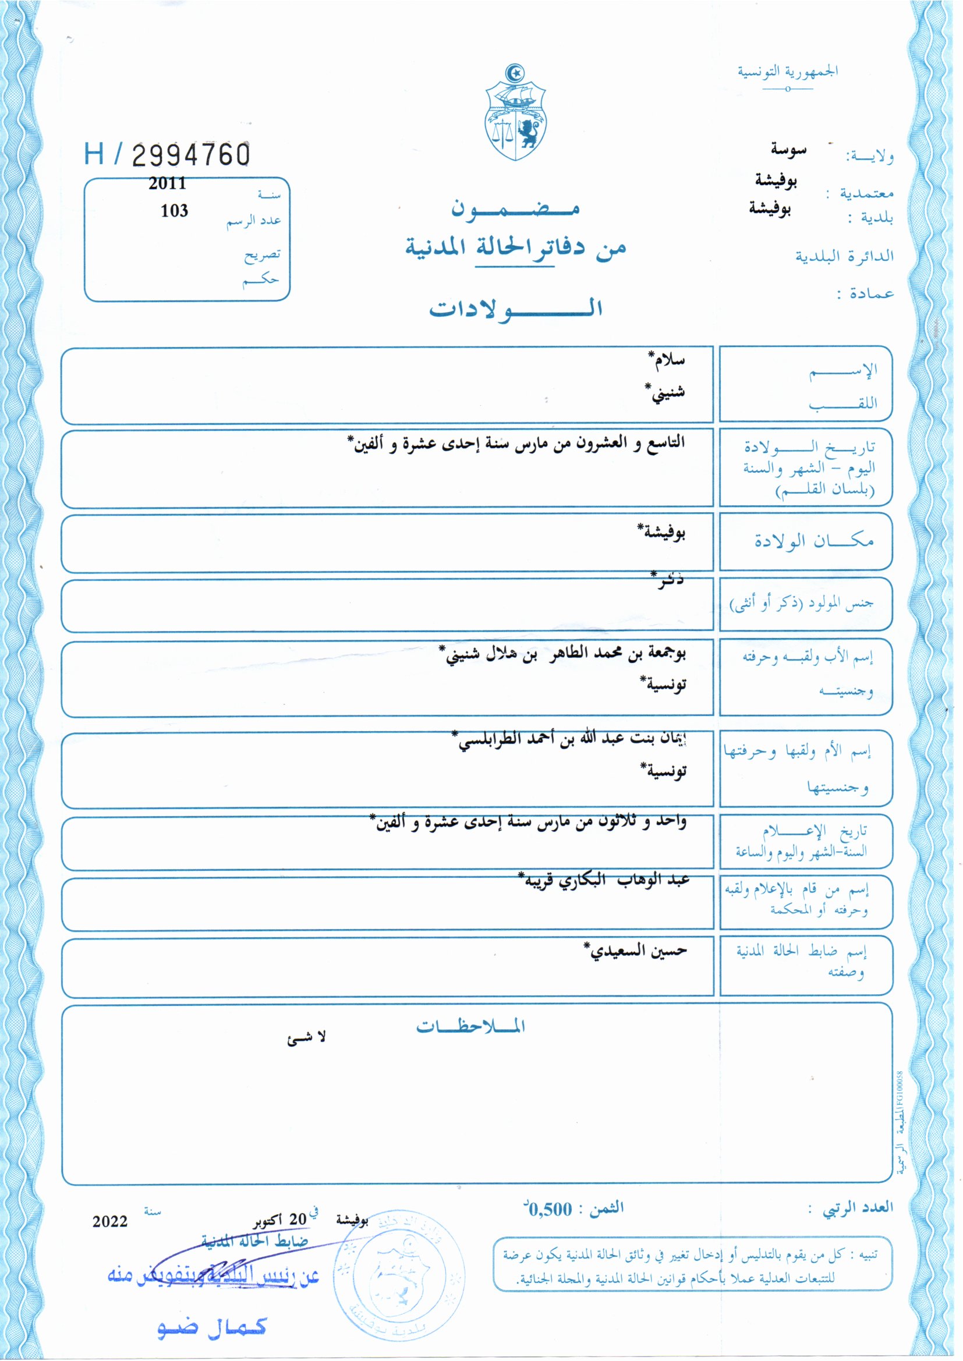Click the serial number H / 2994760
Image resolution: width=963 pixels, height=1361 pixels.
167,154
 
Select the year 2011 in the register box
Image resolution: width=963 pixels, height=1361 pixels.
167,183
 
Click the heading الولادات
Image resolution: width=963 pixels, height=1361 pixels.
515,309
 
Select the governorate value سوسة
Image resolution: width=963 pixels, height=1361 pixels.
788,150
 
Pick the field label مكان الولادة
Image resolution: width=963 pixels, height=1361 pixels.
813,541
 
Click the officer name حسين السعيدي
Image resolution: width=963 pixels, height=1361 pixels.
636,951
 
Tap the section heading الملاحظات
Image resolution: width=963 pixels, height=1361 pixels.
470,1026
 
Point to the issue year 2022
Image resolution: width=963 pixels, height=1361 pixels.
109,1221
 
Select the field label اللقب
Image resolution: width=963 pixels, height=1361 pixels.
842,404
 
